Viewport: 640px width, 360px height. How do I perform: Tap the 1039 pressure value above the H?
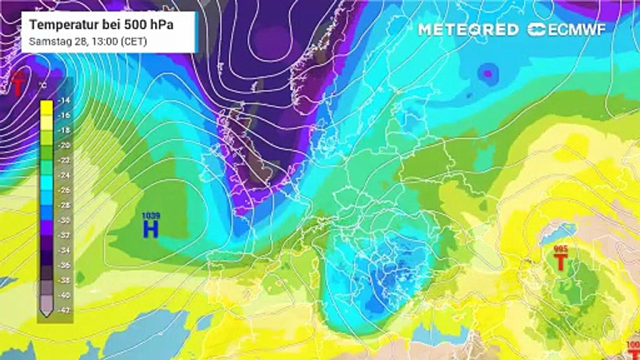(150, 216)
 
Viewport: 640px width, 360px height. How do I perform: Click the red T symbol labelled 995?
(561, 261)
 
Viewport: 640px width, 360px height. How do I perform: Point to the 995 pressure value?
(561, 248)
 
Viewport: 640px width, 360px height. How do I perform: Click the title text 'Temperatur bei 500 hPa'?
(101, 25)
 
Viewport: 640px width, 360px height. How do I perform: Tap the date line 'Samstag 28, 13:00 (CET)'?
(88, 41)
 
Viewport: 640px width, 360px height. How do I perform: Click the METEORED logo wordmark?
(468, 29)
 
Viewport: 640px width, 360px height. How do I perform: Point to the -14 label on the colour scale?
(64, 100)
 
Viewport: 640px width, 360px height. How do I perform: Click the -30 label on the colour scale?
(64, 220)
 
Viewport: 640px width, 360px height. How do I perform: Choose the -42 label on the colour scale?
(64, 310)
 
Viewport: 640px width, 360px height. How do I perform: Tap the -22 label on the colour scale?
(64, 160)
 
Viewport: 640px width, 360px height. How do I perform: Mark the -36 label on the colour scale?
(64, 265)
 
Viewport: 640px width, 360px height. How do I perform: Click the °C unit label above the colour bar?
(44, 85)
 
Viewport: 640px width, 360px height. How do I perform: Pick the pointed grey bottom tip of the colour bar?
(46, 313)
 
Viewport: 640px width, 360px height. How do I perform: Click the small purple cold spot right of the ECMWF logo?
(488, 73)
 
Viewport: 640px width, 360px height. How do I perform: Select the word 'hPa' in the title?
(159, 25)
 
